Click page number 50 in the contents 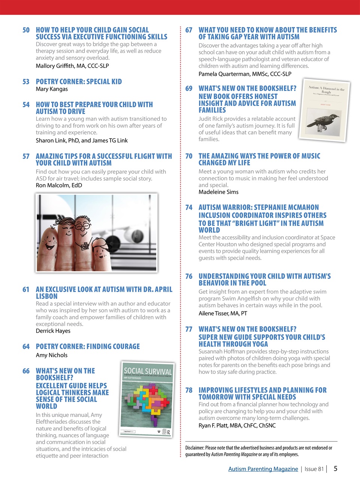point(26,30)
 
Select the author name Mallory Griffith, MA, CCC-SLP point(72,66)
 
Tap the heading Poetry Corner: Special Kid point(79,82)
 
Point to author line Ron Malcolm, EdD point(59,185)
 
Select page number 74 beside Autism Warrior point(189,207)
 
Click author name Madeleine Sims point(218,192)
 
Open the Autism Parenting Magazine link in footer point(263,469)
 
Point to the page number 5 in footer point(335,468)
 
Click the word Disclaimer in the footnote point(195,448)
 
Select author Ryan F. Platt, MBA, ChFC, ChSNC point(237,426)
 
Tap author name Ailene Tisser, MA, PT point(223,313)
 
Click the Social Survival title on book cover point(148,370)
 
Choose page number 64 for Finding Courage point(26,346)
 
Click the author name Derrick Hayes point(53,331)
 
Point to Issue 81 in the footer point(314,469)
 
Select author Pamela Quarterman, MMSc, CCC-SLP point(245,74)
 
